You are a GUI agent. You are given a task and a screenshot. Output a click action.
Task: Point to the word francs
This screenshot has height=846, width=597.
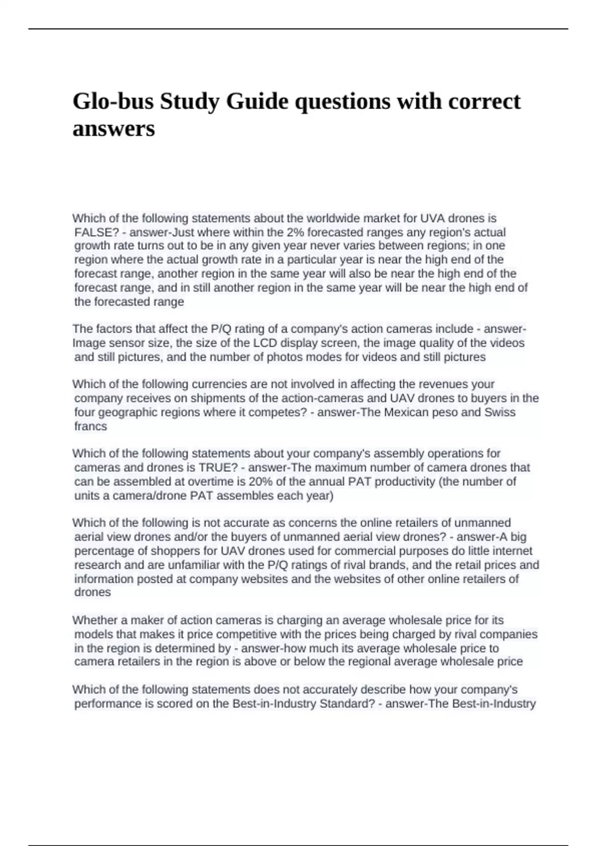click(91, 426)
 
